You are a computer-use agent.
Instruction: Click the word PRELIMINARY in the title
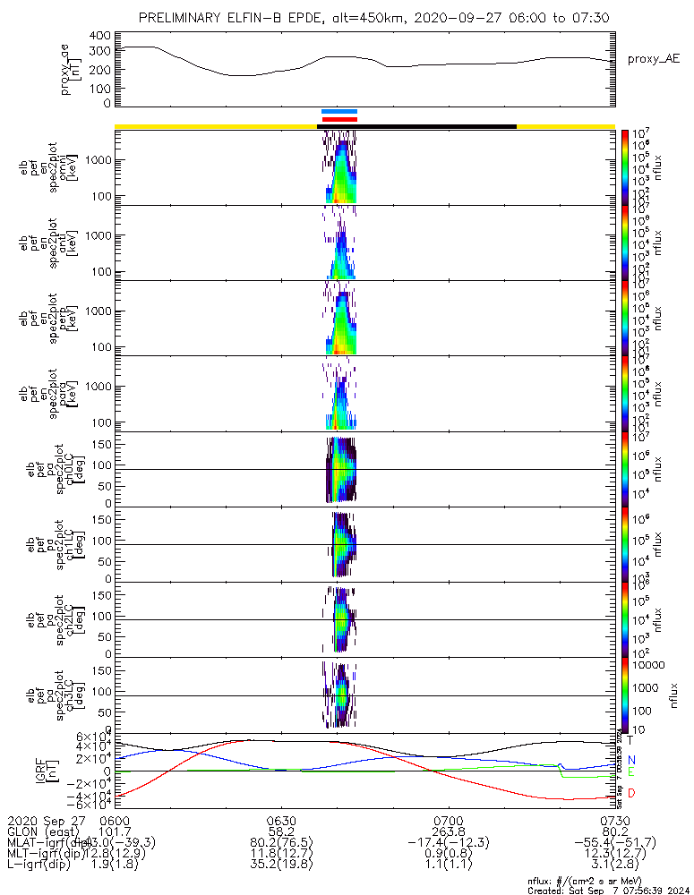click(x=184, y=18)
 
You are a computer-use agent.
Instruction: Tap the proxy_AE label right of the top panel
click(x=653, y=59)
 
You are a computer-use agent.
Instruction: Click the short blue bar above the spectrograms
click(x=339, y=112)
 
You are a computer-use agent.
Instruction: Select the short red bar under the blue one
click(x=339, y=118)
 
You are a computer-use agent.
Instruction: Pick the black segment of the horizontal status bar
click(x=417, y=126)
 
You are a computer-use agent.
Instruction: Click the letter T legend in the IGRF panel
click(x=630, y=740)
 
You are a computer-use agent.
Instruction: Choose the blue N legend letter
click(x=630, y=760)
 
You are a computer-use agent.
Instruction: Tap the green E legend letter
click(x=630, y=772)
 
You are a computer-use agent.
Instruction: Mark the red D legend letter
click(x=630, y=794)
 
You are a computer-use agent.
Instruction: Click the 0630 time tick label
click(x=281, y=820)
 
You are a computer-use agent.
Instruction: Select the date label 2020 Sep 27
click(x=42, y=820)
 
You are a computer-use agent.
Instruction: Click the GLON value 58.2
click(x=281, y=831)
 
